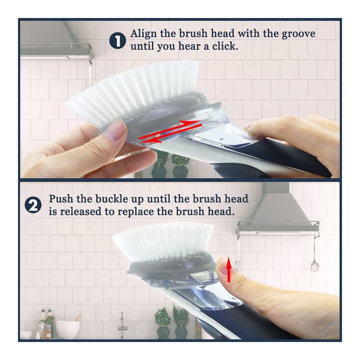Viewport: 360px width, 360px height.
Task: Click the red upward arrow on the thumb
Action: point(229,271)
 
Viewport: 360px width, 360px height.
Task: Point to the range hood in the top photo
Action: point(52,38)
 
